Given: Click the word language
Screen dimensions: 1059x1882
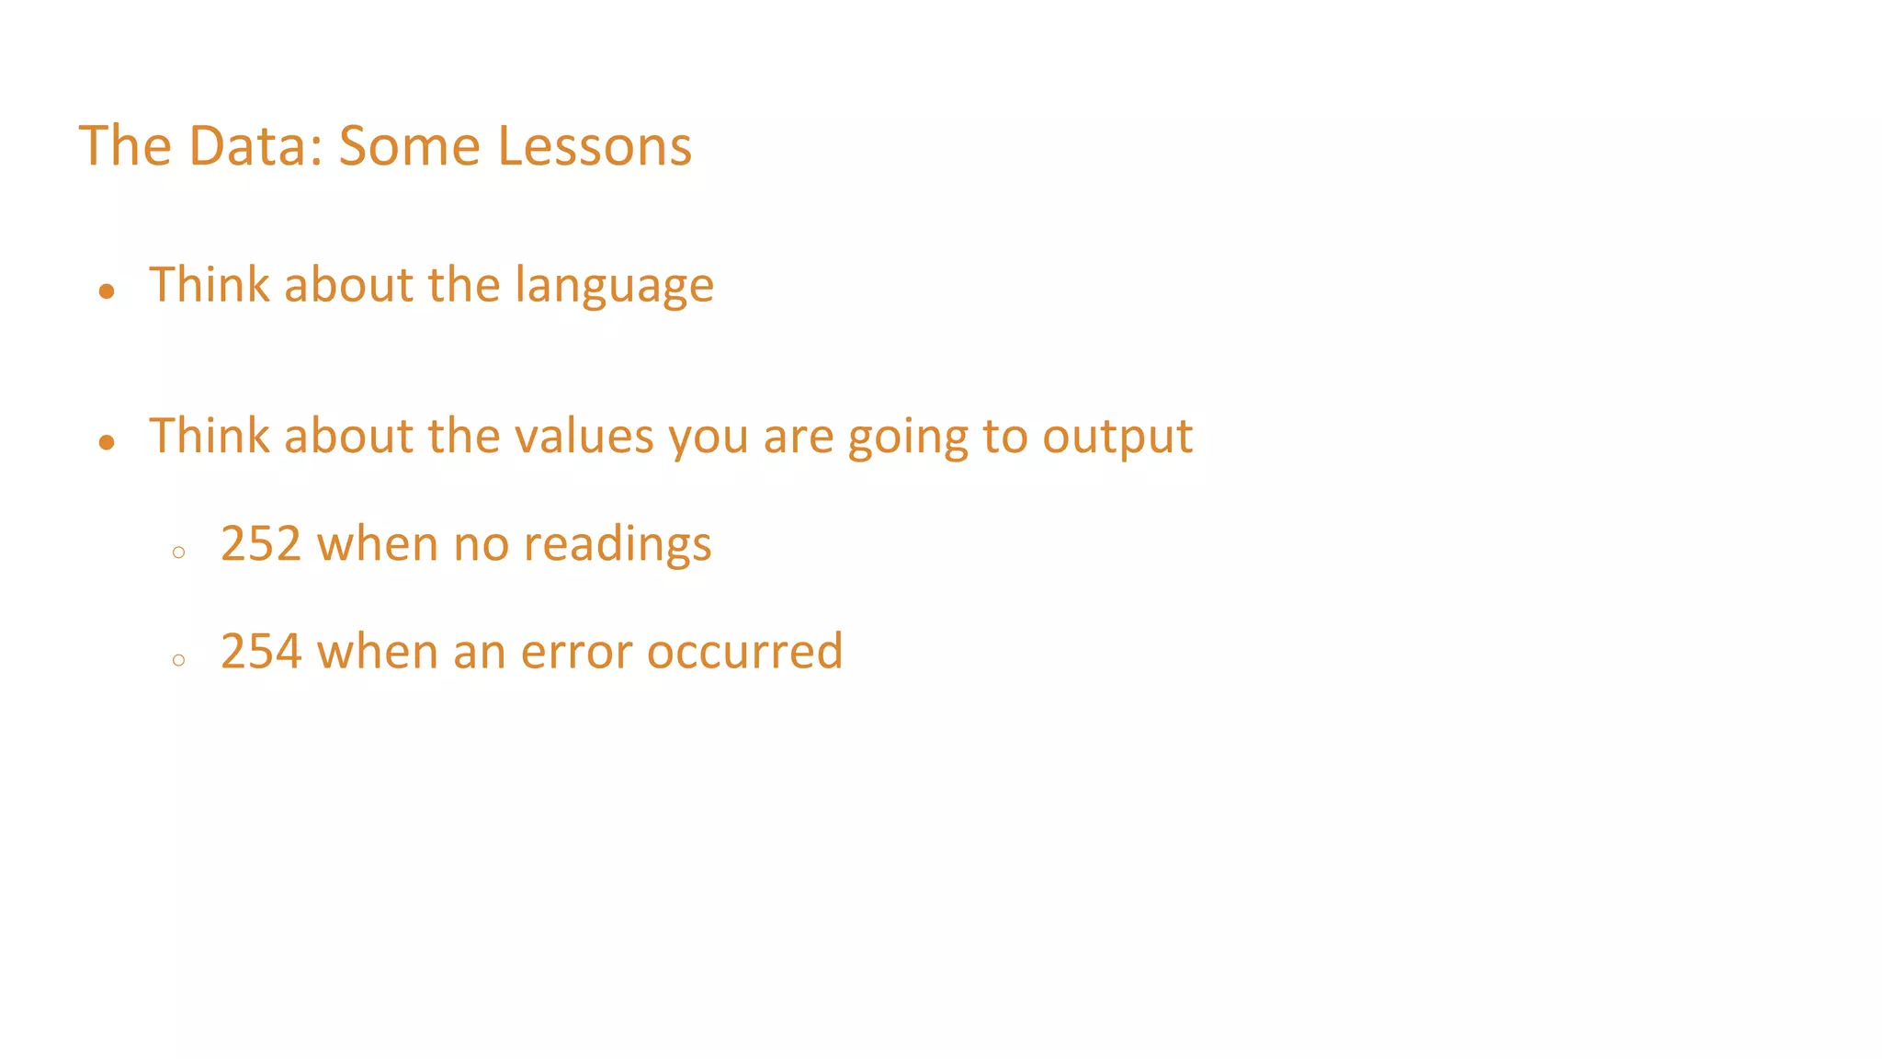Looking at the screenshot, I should click(x=614, y=286).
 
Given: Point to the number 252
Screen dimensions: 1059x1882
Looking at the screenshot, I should click(x=261, y=543).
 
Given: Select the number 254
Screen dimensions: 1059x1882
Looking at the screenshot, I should click(x=261, y=651).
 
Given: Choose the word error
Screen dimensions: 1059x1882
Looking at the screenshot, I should click(x=575, y=651).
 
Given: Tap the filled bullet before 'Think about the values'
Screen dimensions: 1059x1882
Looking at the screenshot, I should click(x=107, y=443).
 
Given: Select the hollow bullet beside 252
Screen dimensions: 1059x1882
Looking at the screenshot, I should click(x=178, y=552).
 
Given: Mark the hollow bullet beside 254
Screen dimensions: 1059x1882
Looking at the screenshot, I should click(x=178, y=660).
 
